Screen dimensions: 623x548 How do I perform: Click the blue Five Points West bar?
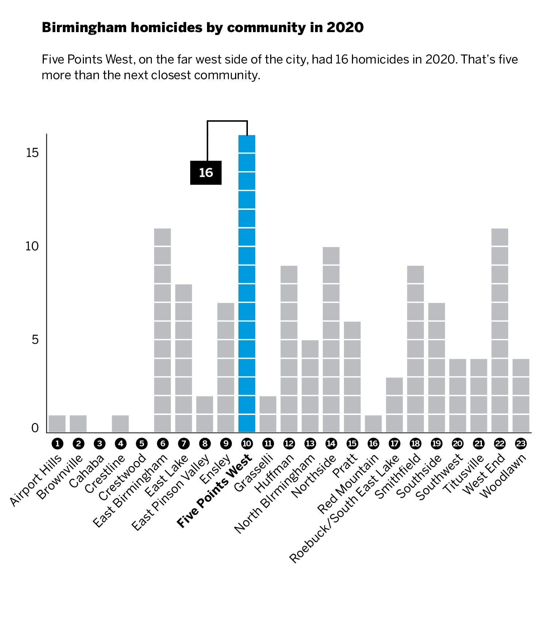tap(247, 284)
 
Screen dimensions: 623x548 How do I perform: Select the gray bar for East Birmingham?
tap(162, 330)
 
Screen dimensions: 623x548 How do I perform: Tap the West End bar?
tap(500, 330)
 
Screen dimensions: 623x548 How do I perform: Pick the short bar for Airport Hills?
tap(57, 424)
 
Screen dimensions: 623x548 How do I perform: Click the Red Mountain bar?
tap(373, 424)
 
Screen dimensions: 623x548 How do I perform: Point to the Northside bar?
tap(331, 339)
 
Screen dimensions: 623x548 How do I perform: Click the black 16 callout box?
tap(206, 173)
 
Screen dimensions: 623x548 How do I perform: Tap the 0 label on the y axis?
tap(35, 428)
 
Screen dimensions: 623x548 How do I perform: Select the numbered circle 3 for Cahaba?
tap(99, 444)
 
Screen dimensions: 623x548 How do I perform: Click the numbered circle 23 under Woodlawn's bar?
tap(521, 444)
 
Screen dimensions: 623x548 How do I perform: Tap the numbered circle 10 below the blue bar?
tap(247, 444)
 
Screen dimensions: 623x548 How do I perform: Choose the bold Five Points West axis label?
tap(215, 491)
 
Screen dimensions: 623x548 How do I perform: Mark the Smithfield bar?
tap(415, 349)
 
